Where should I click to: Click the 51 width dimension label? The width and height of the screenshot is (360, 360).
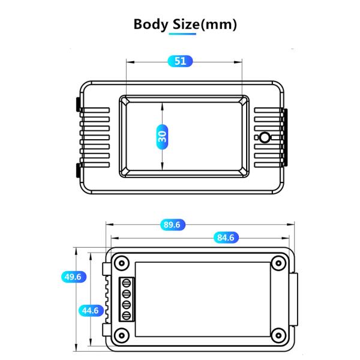point(180,61)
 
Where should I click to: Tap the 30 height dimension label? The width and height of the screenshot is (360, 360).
point(162,136)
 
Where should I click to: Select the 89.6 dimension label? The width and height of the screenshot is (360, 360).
point(172,225)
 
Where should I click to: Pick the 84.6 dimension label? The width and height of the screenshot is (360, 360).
point(226,238)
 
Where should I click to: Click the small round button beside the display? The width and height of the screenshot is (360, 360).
point(264,138)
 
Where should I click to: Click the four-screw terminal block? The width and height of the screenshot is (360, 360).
point(127,299)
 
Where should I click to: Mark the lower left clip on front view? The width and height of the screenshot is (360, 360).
point(79,170)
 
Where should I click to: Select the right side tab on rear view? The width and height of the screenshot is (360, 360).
point(295,298)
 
